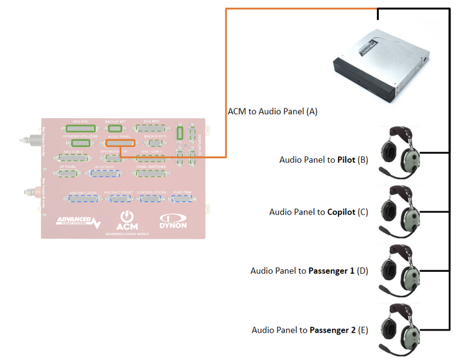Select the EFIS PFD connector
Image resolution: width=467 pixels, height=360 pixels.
81,128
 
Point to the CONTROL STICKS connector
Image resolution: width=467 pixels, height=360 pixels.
152,198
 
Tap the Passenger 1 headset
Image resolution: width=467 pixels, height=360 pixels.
400,270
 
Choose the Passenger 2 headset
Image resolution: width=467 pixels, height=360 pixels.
400,328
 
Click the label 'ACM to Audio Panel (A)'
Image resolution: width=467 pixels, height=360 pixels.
272,112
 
